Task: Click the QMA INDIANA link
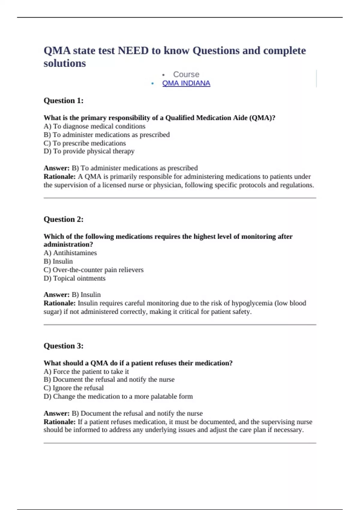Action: tap(186, 83)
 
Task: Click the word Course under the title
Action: tap(186, 74)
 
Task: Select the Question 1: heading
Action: tap(64, 100)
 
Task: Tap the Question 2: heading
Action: tap(64, 219)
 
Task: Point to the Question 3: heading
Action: tap(64, 346)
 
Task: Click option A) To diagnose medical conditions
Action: tap(94, 126)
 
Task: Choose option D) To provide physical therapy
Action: tap(89, 151)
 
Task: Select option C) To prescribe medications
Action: tap(85, 143)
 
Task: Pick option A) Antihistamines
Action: tap(70, 253)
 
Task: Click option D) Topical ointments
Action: tap(74, 278)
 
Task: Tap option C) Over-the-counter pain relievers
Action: tap(94, 270)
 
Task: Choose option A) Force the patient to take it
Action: tap(86, 371)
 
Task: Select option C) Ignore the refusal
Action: tap(73, 388)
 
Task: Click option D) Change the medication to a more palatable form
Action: tap(118, 396)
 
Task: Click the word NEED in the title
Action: tap(133, 51)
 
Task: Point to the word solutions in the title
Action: tap(65, 63)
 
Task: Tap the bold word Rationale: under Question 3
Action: tap(59, 422)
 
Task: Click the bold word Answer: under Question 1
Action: tap(56, 168)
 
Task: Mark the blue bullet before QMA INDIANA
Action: tap(153, 84)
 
